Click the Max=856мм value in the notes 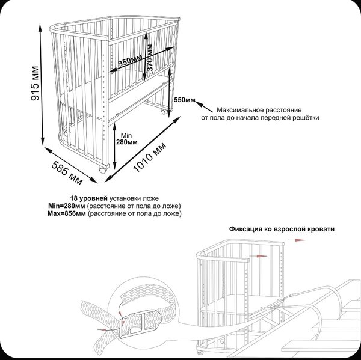(x=66, y=213)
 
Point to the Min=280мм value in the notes (x=66, y=206)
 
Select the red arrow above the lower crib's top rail (x=296, y=239)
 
